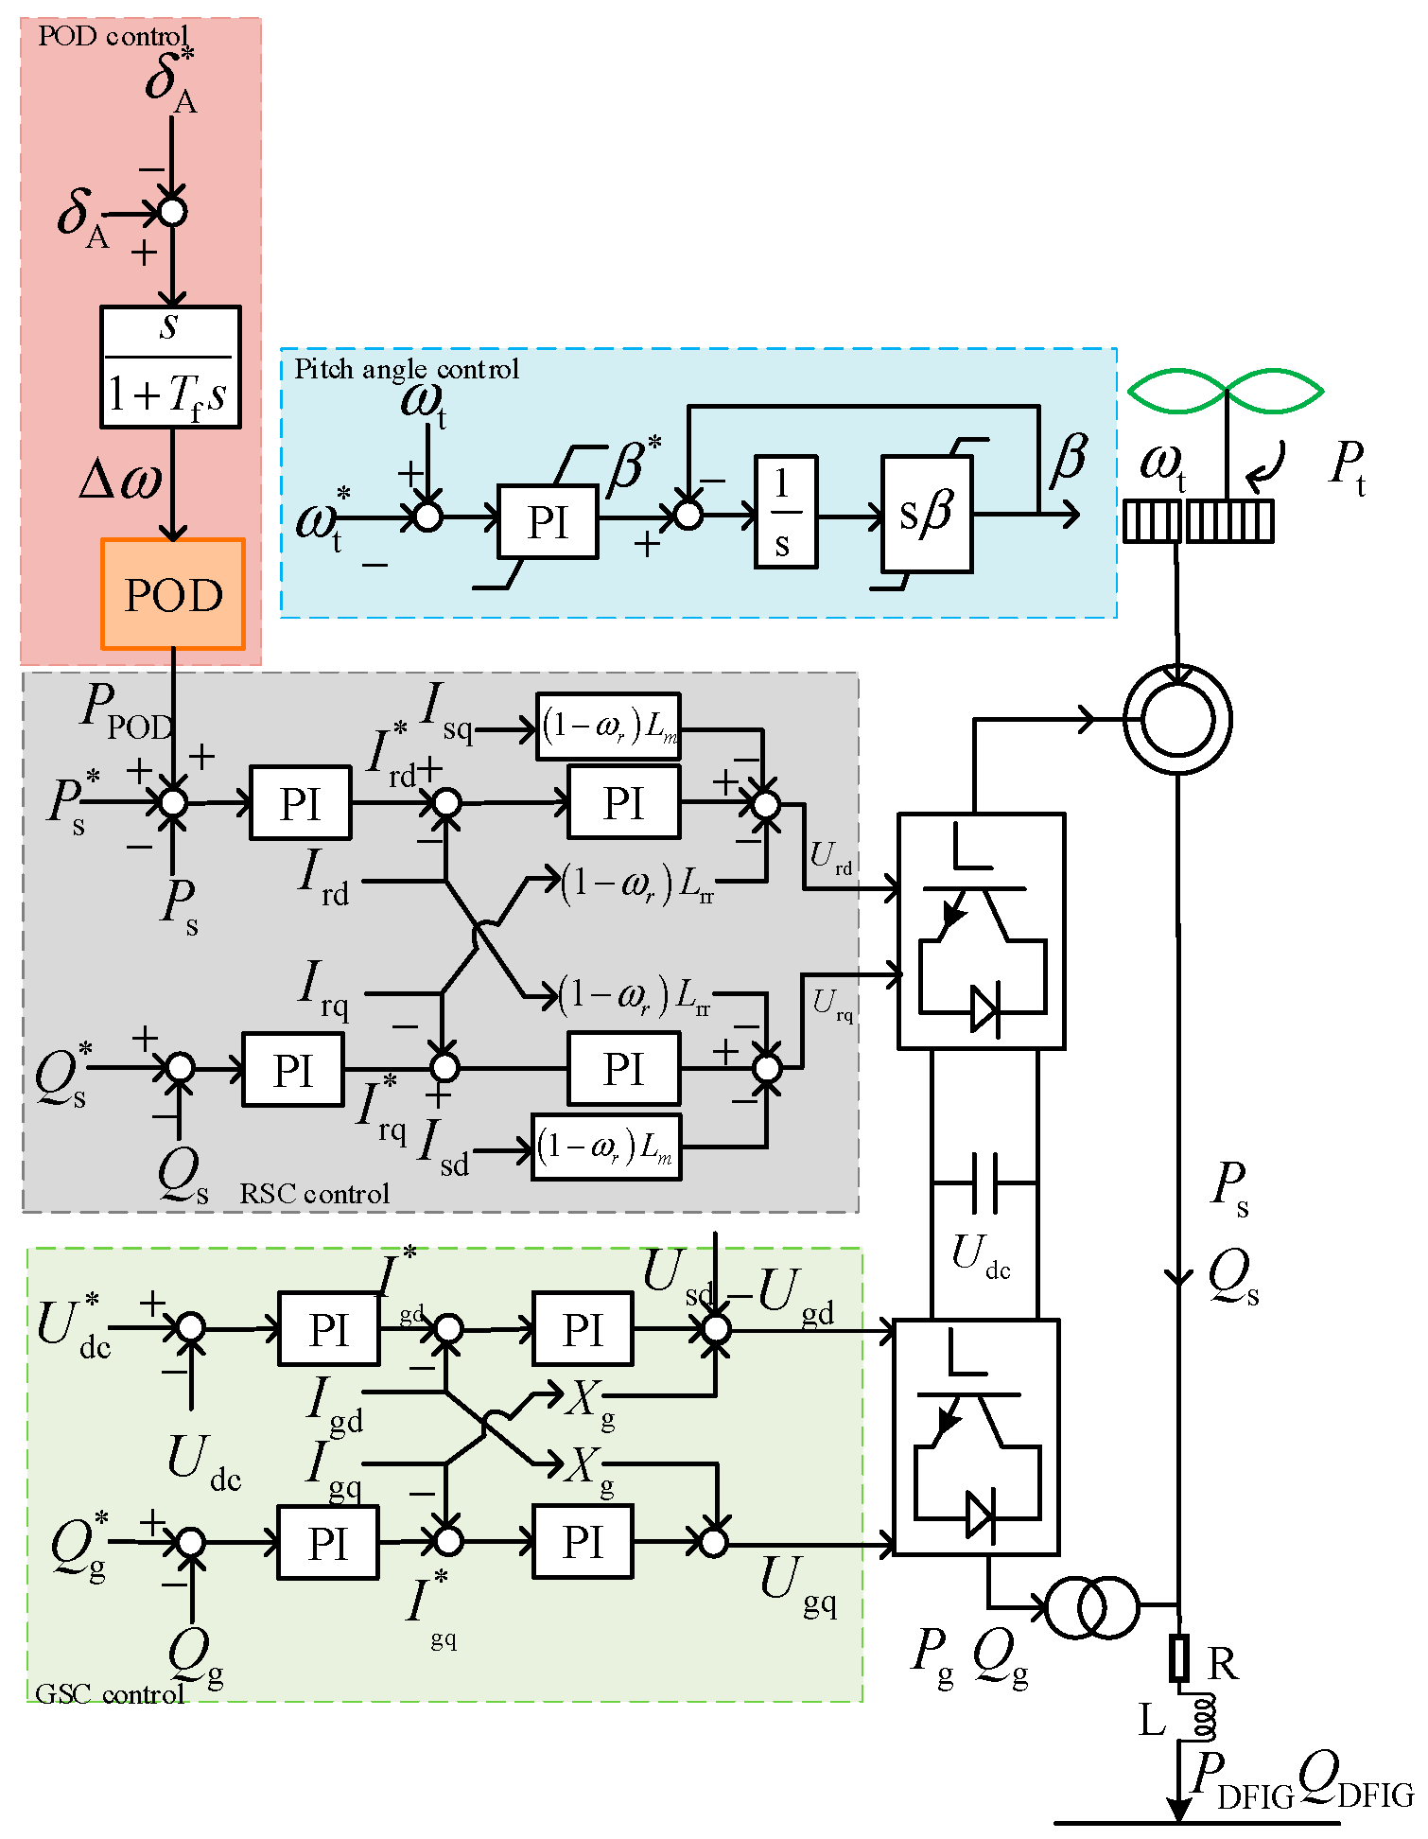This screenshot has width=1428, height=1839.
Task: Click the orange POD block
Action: (x=173, y=594)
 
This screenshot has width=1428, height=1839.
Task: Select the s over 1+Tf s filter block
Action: (x=170, y=366)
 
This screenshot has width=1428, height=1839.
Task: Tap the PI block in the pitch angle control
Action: (x=548, y=522)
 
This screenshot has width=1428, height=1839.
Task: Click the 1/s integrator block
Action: (x=785, y=512)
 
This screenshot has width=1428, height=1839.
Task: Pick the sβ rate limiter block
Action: (x=926, y=514)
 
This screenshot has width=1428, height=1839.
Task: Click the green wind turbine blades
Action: (x=1226, y=391)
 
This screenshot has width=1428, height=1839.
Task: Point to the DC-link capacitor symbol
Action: (x=984, y=1182)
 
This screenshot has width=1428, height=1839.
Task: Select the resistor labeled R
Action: (x=1178, y=1657)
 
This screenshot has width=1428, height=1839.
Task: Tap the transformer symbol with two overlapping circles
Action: (x=1091, y=1606)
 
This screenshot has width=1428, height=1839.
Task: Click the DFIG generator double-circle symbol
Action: (x=1177, y=719)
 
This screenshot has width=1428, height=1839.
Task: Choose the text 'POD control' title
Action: (x=113, y=36)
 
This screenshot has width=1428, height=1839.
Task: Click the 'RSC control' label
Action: (x=314, y=1194)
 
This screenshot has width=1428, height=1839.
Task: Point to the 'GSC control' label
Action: (x=109, y=1693)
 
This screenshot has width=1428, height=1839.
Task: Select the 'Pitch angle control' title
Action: (x=407, y=369)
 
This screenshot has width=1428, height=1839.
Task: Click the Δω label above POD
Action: (x=120, y=481)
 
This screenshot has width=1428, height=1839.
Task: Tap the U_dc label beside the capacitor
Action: (x=981, y=1256)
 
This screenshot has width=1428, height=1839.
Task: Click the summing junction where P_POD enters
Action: (x=173, y=803)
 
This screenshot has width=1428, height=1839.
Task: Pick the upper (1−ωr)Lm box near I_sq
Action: (x=608, y=727)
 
